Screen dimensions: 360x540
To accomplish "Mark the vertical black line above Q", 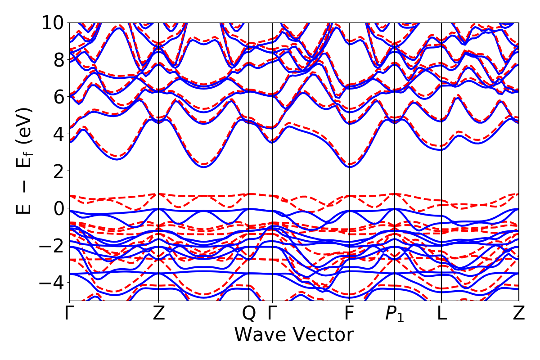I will coord(249,180).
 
